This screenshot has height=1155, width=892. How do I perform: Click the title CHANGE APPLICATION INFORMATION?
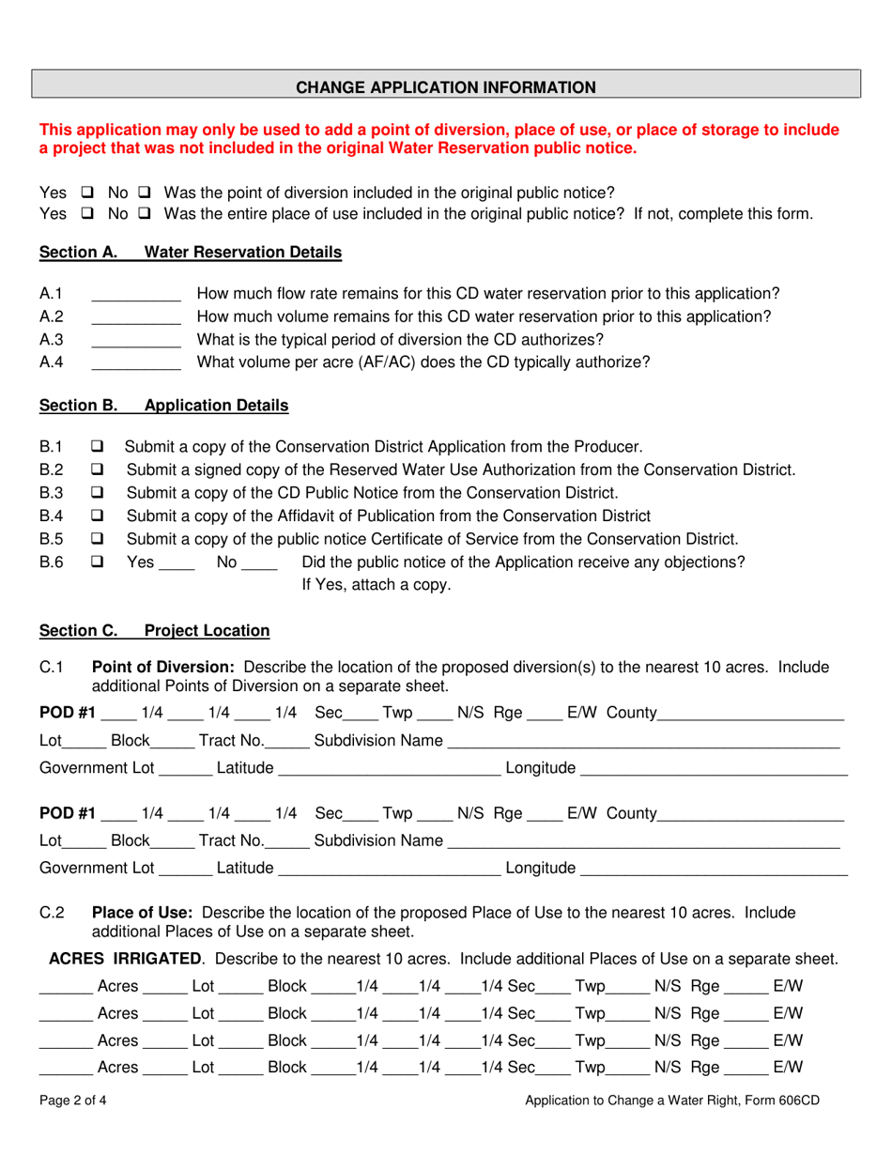pyautogui.click(x=446, y=87)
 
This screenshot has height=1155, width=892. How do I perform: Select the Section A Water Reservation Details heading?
pyautogui.click(x=191, y=253)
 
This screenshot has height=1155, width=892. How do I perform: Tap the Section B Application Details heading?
pyautogui.click(x=164, y=406)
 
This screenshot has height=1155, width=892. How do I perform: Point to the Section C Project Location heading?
pyautogui.click(x=154, y=631)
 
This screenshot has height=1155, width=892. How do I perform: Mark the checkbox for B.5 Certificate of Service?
pyautogui.click(x=99, y=539)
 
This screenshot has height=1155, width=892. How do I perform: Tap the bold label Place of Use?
pyautogui.click(x=142, y=913)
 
